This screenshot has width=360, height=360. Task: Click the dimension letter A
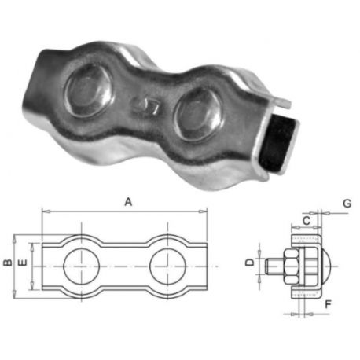point(128,202)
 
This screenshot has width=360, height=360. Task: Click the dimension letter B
point(8,263)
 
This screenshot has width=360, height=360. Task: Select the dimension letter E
point(24,263)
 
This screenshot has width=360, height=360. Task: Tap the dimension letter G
point(347,204)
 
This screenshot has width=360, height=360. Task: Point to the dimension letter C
point(307,221)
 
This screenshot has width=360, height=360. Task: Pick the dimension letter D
point(251,262)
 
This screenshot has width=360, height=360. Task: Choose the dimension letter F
point(328,304)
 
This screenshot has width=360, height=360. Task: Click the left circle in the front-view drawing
point(82,266)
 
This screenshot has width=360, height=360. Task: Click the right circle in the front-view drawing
point(167,266)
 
